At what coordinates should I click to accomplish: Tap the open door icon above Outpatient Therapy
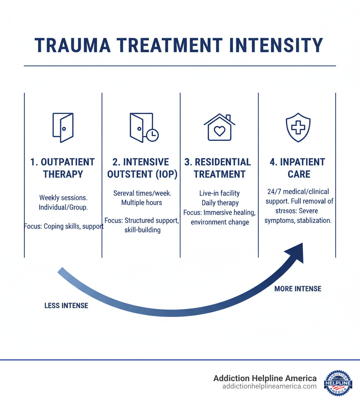coord(63,127)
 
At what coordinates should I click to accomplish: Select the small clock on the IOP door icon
coord(153,135)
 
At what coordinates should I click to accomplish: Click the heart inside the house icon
coord(219,131)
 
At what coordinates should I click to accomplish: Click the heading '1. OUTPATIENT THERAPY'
coord(63,168)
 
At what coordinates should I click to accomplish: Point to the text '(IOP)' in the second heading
coord(163,174)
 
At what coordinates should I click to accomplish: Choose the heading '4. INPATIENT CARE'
coord(298,168)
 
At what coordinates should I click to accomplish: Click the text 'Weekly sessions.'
coord(63,198)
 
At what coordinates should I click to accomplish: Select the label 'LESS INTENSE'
coord(66,306)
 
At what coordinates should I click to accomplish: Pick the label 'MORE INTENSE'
coord(298,289)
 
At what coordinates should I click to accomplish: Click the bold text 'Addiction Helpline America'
coord(265,378)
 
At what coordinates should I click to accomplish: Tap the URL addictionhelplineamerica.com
coord(269,386)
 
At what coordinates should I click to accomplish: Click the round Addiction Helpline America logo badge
coord(338,383)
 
